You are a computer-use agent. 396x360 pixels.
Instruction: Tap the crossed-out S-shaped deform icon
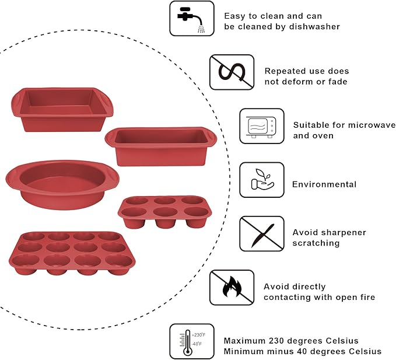pos(232,72)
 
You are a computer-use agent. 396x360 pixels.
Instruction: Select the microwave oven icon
pos(262,126)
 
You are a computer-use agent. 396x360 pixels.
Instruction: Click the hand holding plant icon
pos(262,180)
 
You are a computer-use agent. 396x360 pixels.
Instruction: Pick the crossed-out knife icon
pos(262,233)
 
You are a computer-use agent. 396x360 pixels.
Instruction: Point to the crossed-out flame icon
pos(232,287)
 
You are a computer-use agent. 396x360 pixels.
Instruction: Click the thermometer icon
pos(191,341)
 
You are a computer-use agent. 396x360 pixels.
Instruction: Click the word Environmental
pos(324,184)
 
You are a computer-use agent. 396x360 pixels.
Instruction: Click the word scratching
pos(316,243)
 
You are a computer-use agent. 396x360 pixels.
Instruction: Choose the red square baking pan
pos(61,109)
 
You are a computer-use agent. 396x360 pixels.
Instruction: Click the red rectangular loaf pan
pos(160,146)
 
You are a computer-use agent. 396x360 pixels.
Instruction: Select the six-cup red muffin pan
pos(163,211)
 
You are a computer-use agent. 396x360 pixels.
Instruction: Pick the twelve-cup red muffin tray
pos(71,253)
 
